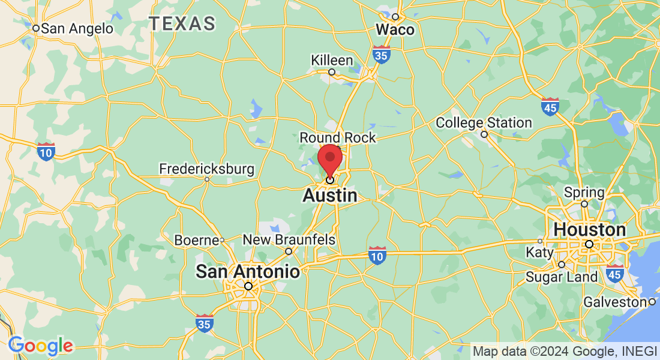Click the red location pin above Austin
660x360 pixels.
pos(330,158)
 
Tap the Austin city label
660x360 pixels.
pos(330,196)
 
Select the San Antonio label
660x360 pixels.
pos(248,272)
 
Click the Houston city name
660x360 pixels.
pos(590,230)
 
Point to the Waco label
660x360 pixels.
pos(395,29)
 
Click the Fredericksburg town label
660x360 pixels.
pos(206,170)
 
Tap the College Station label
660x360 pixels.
pos(484,123)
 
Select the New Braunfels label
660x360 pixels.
pos(289,240)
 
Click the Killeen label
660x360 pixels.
pos(332,61)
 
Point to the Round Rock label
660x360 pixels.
pos(338,138)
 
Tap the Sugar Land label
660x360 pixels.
pos(562,277)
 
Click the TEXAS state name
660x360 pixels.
pos(182,24)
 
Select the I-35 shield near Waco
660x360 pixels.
pos(380,55)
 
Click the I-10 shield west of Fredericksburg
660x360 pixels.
pos(46,151)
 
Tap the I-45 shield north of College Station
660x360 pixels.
pos(550,107)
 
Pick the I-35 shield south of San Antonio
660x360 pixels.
pos(205,323)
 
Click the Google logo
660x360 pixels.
pos(40,346)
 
